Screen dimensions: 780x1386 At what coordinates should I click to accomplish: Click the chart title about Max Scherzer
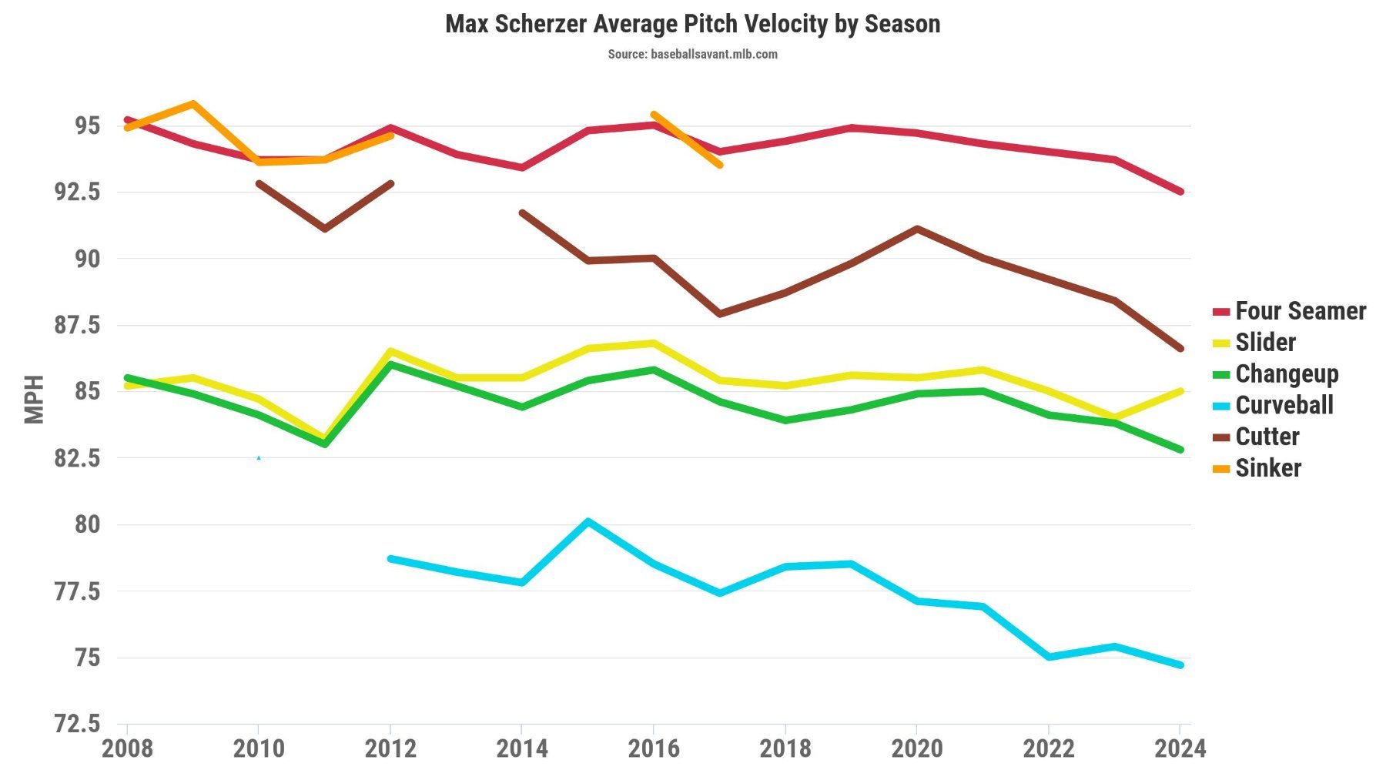692,24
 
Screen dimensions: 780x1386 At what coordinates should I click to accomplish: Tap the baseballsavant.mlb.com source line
692,54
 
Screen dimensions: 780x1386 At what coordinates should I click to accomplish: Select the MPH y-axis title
34,399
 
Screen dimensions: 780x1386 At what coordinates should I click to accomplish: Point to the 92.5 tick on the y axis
77,192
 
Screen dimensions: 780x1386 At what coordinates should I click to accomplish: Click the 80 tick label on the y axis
87,524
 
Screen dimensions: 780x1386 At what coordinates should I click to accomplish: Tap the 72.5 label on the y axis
77,724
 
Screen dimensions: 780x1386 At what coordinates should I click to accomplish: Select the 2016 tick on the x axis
654,748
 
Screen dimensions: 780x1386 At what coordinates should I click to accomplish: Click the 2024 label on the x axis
1180,748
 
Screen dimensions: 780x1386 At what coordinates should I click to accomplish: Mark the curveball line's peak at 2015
588,521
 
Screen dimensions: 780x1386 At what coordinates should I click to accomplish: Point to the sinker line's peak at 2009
193,103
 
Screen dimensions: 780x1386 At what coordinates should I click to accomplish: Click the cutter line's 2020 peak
917,229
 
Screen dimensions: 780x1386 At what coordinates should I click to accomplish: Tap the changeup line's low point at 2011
325,444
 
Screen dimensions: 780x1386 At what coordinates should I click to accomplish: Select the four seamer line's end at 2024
1180,192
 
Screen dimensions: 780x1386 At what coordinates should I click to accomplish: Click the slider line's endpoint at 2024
1180,391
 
